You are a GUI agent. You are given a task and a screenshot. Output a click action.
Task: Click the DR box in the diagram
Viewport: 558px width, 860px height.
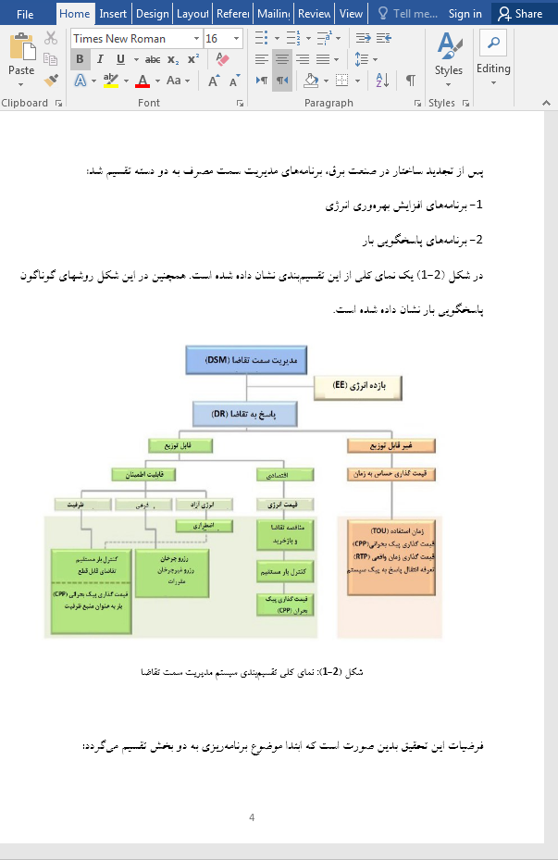click(247, 414)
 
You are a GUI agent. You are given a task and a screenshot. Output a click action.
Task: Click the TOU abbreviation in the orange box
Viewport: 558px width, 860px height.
click(379, 531)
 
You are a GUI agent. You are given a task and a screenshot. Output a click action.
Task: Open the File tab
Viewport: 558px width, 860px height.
click(25, 14)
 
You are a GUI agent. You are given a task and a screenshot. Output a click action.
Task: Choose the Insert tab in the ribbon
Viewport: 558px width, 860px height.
click(113, 14)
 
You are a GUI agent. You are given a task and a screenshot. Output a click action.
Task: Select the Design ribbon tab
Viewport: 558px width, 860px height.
click(153, 14)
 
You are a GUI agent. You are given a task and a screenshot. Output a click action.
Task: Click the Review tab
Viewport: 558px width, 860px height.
click(315, 14)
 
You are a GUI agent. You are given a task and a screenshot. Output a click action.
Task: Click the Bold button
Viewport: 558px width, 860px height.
click(80, 59)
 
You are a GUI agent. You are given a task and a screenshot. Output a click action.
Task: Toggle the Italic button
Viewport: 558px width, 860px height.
click(100, 59)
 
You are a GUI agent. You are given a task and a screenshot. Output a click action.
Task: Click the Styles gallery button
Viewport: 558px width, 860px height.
click(449, 56)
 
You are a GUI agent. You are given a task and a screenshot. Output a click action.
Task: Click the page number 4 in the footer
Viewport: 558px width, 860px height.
click(252, 817)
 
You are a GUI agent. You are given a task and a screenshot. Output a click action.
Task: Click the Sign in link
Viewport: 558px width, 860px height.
click(465, 14)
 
